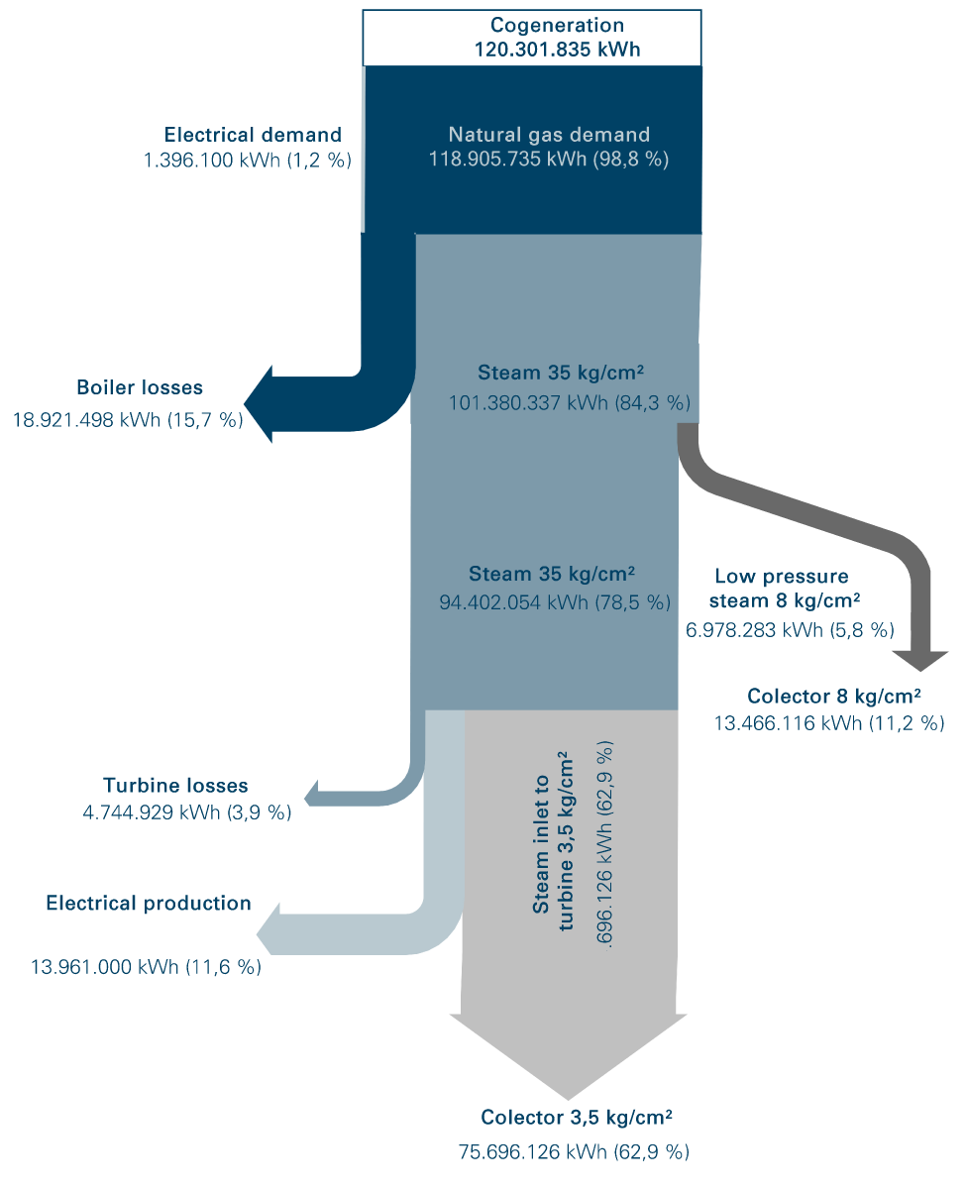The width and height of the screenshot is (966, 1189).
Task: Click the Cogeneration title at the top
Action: [558, 26]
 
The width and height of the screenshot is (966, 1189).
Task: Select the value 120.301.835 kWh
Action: [557, 49]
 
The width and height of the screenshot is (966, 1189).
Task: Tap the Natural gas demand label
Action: [549, 135]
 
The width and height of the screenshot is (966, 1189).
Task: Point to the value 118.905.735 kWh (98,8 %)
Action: [549, 159]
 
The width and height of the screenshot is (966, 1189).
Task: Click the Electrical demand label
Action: [253, 135]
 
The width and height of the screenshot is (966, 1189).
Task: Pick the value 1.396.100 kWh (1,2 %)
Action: [248, 159]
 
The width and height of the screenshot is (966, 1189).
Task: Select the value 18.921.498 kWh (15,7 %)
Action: [127, 419]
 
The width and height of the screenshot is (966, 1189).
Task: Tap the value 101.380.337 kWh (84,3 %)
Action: [570, 402]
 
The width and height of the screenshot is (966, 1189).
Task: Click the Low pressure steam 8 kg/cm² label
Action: [787, 589]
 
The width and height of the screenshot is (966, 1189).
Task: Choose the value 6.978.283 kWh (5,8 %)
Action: [790, 629]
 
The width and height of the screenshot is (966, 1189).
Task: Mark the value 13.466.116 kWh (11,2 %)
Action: [828, 723]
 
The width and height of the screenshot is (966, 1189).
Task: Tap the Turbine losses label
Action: [175, 786]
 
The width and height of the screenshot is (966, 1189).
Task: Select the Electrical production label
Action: [149, 903]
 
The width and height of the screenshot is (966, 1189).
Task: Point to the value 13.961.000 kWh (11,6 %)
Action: [147, 967]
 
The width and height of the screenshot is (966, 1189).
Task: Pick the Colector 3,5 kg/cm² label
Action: [577, 1118]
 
